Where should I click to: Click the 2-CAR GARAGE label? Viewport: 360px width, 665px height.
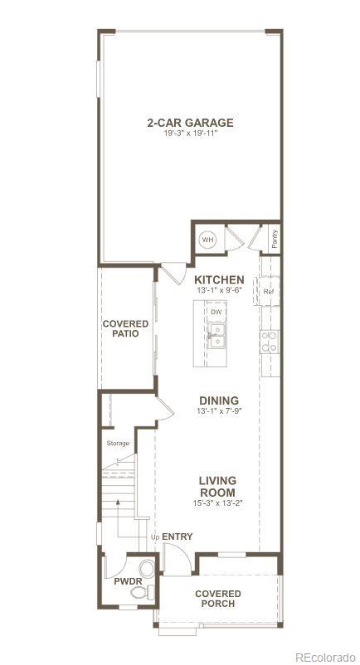pyautogui.click(x=190, y=123)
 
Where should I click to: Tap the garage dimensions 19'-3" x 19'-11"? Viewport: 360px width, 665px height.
pyautogui.click(x=190, y=133)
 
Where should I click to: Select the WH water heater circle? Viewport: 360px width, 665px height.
pyautogui.click(x=207, y=239)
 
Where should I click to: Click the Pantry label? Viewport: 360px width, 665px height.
pyautogui.click(x=275, y=238)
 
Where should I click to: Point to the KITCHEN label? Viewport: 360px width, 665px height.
pyautogui.click(x=219, y=280)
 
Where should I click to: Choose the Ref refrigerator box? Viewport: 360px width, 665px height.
pyautogui.click(x=269, y=292)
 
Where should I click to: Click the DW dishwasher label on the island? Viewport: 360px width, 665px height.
pyautogui.click(x=216, y=312)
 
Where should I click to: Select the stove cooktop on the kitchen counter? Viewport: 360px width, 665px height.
pyautogui.click(x=270, y=342)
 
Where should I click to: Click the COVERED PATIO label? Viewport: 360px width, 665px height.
pyautogui.click(x=126, y=328)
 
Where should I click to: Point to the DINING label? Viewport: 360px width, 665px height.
pyautogui.click(x=218, y=400)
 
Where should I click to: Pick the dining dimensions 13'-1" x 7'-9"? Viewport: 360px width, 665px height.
pyautogui.click(x=218, y=411)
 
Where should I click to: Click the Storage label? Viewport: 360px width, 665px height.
pyautogui.click(x=118, y=443)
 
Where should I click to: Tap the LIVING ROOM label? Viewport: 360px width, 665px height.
pyautogui.click(x=218, y=486)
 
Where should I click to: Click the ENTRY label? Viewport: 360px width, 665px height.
pyautogui.click(x=177, y=536)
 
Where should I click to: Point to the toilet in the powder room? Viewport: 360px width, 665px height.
pyautogui.click(x=147, y=570)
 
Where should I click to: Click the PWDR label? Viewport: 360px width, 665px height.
pyautogui.click(x=128, y=582)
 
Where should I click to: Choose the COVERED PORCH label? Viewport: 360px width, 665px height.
pyautogui.click(x=218, y=599)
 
